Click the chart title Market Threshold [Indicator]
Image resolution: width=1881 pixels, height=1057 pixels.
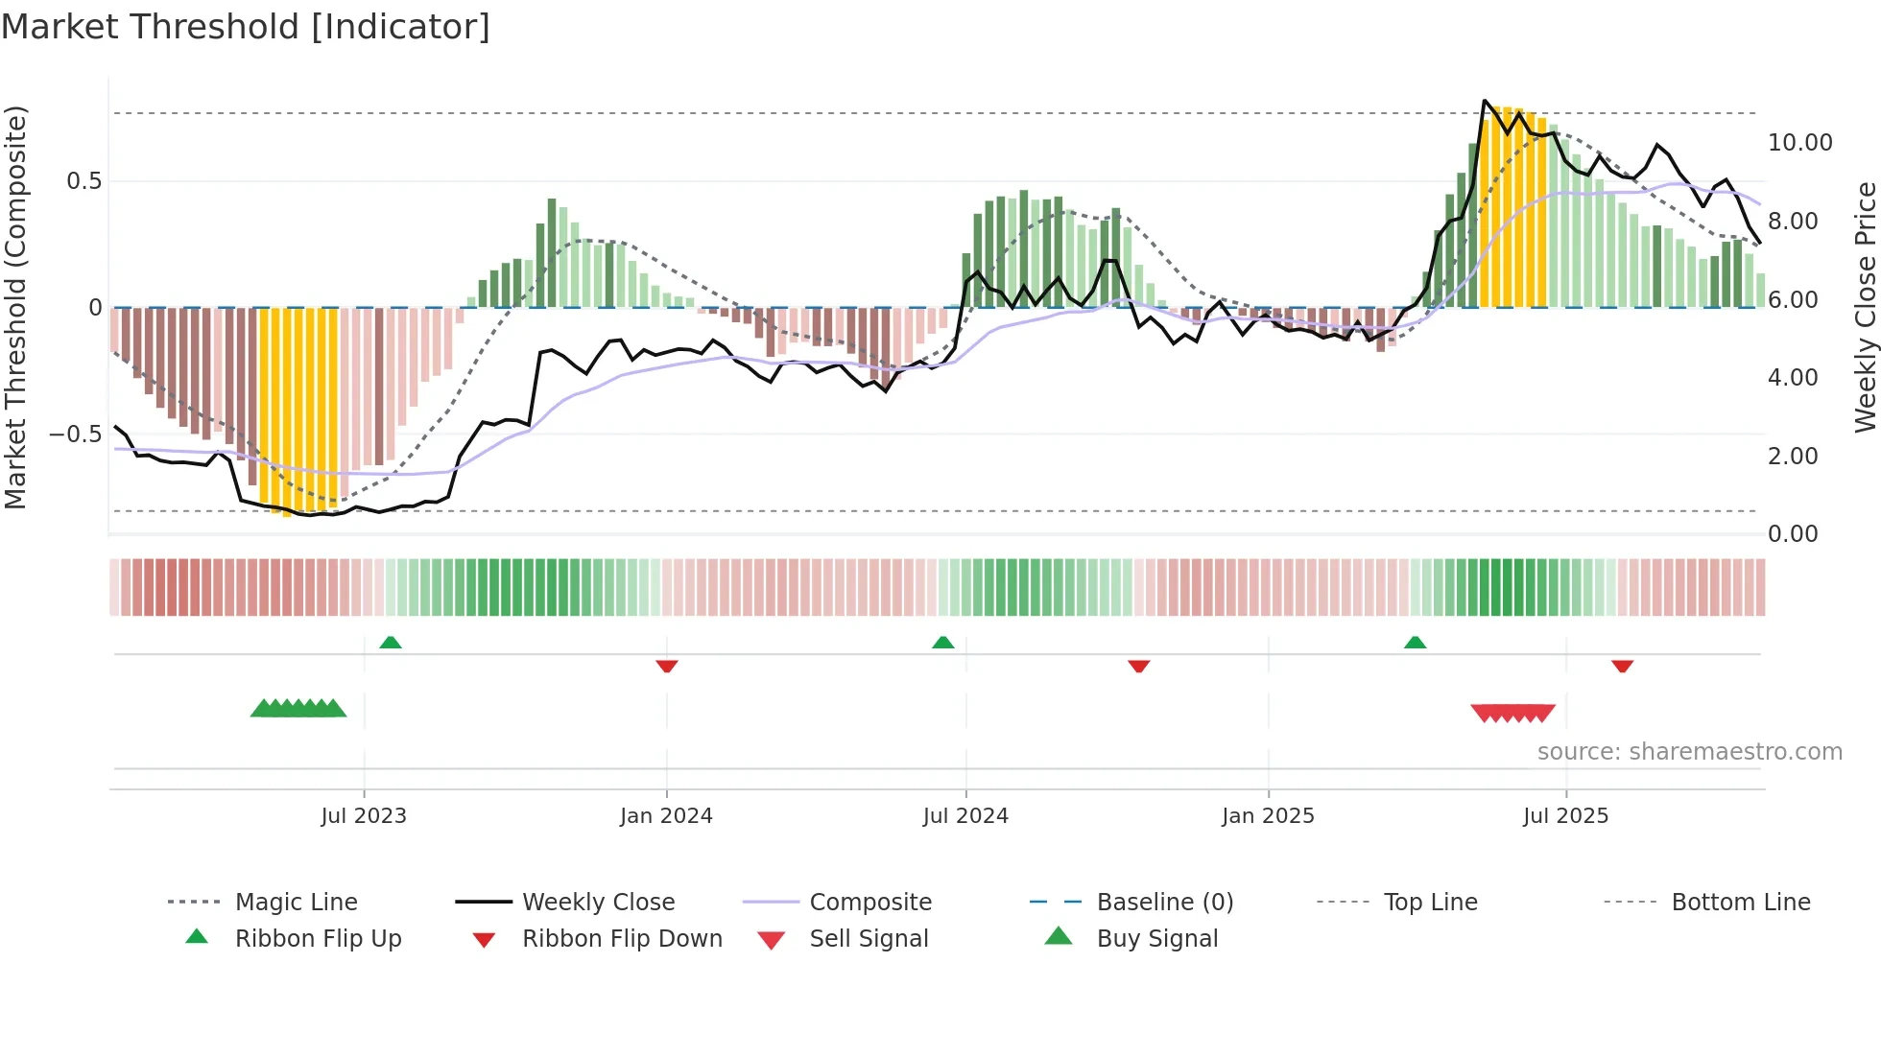pyautogui.click(x=246, y=27)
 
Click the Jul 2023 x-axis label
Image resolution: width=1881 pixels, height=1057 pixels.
pyautogui.click(x=364, y=816)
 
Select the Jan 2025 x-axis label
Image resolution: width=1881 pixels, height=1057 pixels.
pyautogui.click(x=1268, y=816)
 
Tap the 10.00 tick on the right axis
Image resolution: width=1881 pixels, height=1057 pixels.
pyautogui.click(x=1799, y=143)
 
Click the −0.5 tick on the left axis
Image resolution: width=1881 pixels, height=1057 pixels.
pyautogui.click(x=76, y=435)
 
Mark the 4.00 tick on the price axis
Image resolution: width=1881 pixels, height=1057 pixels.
pyautogui.click(x=1793, y=378)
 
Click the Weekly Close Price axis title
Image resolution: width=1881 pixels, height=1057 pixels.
pyautogui.click(x=1865, y=307)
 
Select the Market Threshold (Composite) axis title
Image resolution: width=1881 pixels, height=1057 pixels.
pyautogui.click(x=15, y=307)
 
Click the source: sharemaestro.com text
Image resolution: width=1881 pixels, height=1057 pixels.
pyautogui.click(x=1689, y=752)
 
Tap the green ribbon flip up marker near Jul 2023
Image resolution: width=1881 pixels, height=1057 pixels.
pyautogui.click(x=391, y=643)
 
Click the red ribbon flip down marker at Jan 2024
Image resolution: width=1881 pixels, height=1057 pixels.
pyautogui.click(x=667, y=666)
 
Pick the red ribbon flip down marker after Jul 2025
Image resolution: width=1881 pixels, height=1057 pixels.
pyautogui.click(x=1623, y=666)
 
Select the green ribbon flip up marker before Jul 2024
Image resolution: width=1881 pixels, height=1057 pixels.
pyautogui.click(x=943, y=643)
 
